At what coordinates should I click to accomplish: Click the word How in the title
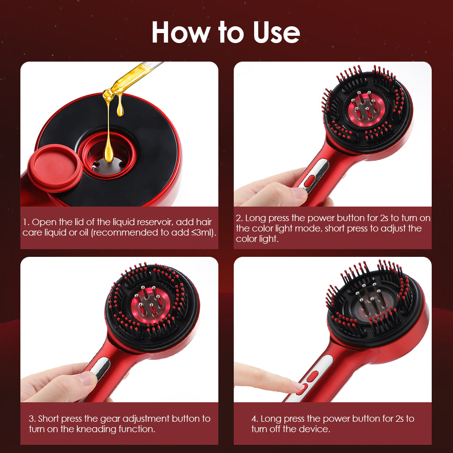pos(180,32)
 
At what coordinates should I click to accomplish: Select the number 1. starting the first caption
pos(27,222)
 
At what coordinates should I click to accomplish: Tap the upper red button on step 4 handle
pos(313,376)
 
